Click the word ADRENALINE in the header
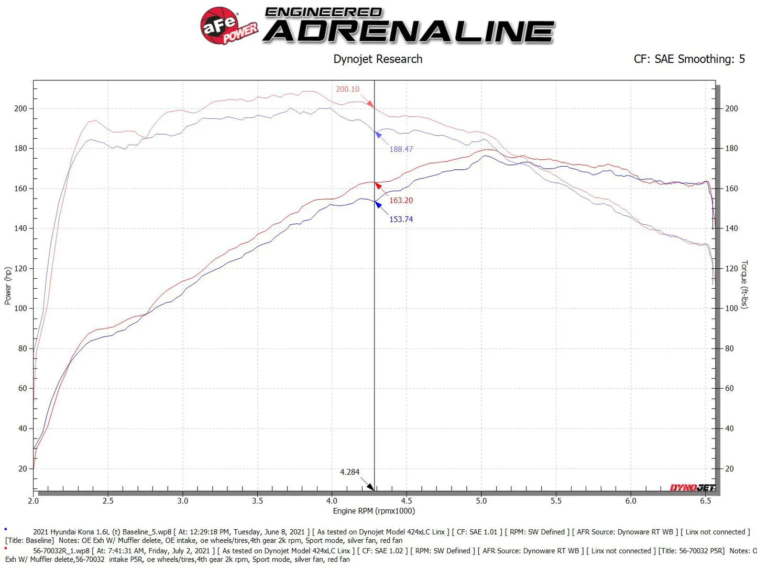point(409,32)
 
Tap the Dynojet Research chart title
point(378,59)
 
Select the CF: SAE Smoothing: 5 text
point(689,59)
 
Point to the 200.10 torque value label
point(347,89)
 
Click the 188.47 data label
point(401,149)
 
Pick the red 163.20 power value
point(401,200)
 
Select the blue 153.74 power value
point(401,219)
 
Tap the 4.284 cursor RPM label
point(349,472)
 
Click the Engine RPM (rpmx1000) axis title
point(374,511)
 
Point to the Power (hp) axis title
point(8,286)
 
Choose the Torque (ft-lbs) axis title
point(744,285)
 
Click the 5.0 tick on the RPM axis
point(481,501)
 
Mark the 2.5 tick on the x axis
point(108,501)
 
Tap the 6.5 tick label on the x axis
point(705,501)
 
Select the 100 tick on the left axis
point(20,308)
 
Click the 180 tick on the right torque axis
point(731,148)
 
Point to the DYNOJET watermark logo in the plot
point(692,488)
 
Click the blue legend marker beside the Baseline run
point(6,530)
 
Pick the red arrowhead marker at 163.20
point(378,185)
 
